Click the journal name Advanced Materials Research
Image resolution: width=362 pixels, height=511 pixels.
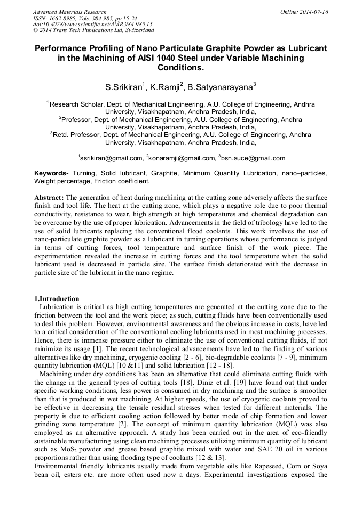pyautogui.click(x=69, y=12)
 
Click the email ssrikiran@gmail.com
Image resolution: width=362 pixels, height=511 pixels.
pyautogui.click(x=111, y=158)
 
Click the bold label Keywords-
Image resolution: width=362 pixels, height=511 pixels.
pyautogui.click(x=52, y=173)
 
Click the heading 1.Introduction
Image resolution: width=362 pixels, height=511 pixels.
pyautogui.click(x=57, y=298)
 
